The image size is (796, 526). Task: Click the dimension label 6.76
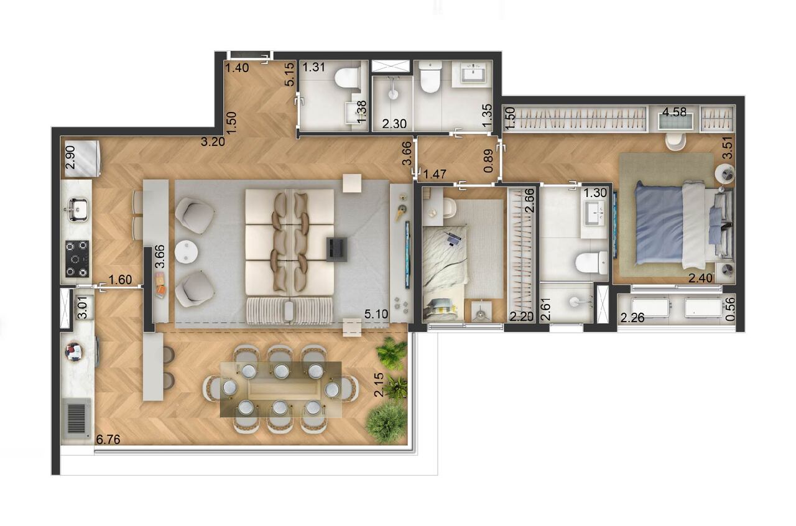pyautogui.click(x=108, y=440)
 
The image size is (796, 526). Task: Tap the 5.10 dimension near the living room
pyautogui.click(x=377, y=315)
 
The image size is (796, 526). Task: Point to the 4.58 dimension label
pyautogui.click(x=673, y=113)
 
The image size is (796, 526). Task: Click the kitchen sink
pyautogui.click(x=76, y=209)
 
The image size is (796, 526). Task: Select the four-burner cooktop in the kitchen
pyautogui.click(x=77, y=258)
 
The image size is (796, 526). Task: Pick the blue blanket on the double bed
pyautogui.click(x=658, y=223)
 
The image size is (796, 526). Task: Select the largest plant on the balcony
pyautogui.click(x=386, y=422)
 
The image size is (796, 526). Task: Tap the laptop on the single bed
pyautogui.click(x=453, y=237)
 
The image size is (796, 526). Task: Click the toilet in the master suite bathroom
pyautogui.click(x=591, y=262)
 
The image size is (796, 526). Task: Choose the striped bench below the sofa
pyautogui.click(x=290, y=310)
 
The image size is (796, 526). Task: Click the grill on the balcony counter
pyautogui.click(x=76, y=418)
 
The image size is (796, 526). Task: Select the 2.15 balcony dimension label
pyautogui.click(x=379, y=385)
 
